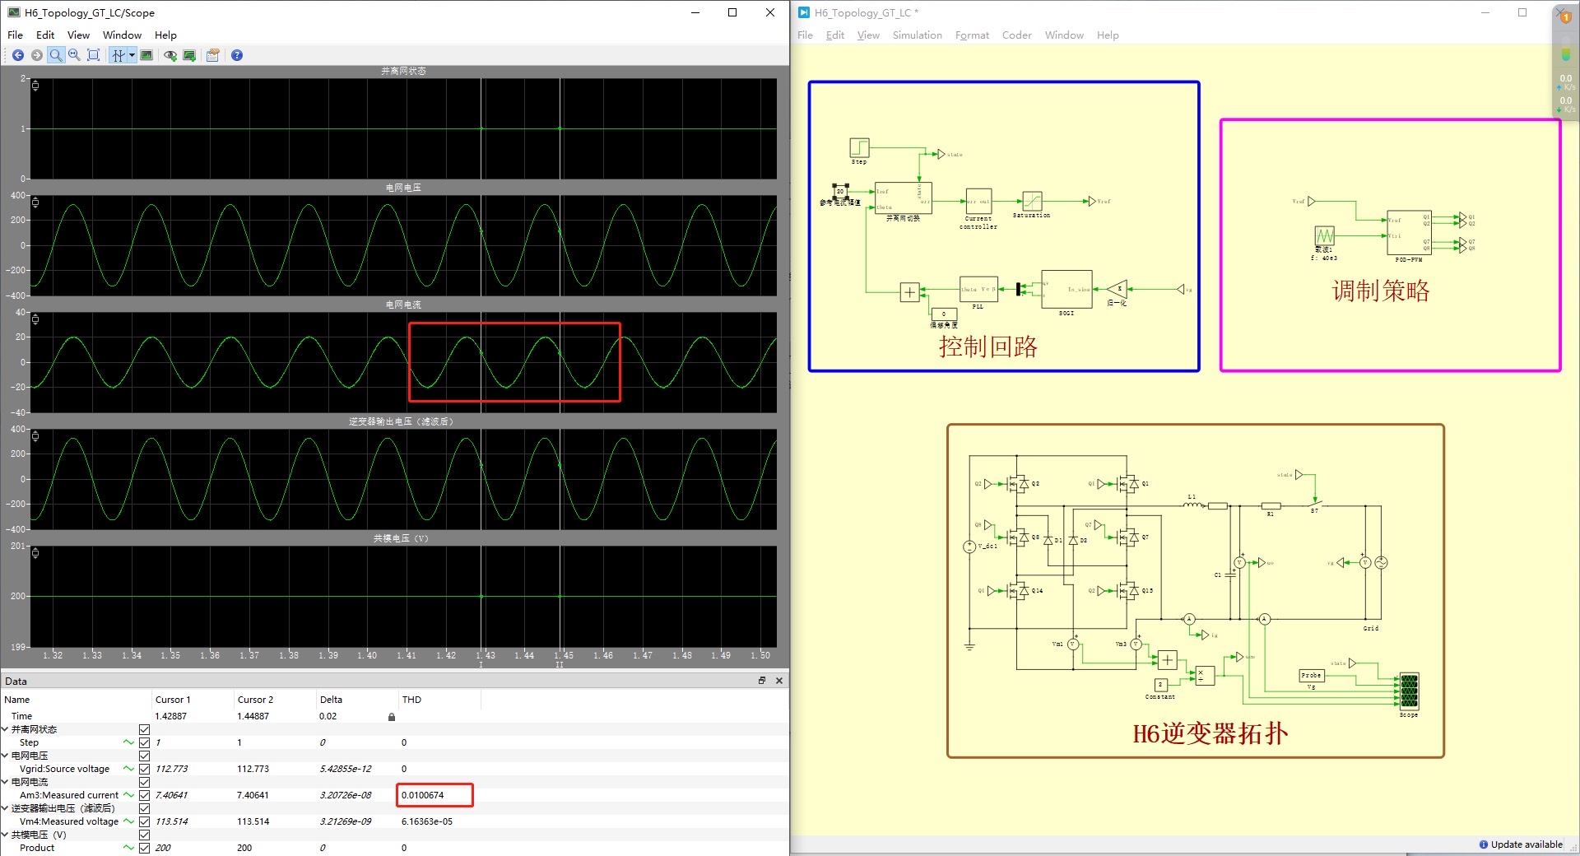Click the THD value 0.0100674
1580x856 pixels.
pyautogui.click(x=423, y=795)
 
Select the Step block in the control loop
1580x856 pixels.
pyautogui.click(x=859, y=147)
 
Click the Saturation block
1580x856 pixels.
pyautogui.click(x=1032, y=201)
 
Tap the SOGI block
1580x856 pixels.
pyautogui.click(x=1066, y=289)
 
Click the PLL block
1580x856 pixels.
pyautogui.click(x=978, y=289)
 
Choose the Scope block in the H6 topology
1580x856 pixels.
pyautogui.click(x=1409, y=691)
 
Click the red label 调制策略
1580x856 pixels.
pyautogui.click(x=1381, y=291)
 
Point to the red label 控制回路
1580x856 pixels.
pyautogui.click(x=987, y=347)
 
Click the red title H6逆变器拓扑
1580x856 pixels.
pyautogui.click(x=1210, y=733)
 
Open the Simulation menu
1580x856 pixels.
pyautogui.click(x=917, y=35)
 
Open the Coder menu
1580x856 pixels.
pyautogui.click(x=1016, y=35)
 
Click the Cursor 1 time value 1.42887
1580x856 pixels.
pyautogui.click(x=171, y=716)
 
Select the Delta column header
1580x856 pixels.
pyautogui.click(x=331, y=700)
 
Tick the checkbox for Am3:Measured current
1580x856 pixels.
pyautogui.click(x=145, y=795)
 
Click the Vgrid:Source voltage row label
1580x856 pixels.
pyautogui.click(x=64, y=769)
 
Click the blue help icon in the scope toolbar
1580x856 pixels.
pyautogui.click(x=237, y=55)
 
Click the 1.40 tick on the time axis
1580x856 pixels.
pyautogui.click(x=367, y=655)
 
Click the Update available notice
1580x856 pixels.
pyautogui.click(x=1526, y=844)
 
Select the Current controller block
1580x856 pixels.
pyautogui.click(x=978, y=201)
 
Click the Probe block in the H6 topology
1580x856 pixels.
pyautogui.click(x=1311, y=676)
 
